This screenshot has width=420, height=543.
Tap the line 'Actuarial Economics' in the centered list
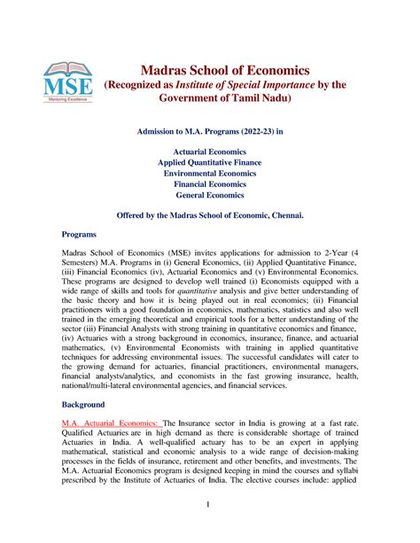[x=210, y=151]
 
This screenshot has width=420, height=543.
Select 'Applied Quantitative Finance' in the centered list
[x=210, y=165]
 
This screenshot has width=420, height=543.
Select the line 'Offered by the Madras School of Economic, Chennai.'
[x=210, y=215]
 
